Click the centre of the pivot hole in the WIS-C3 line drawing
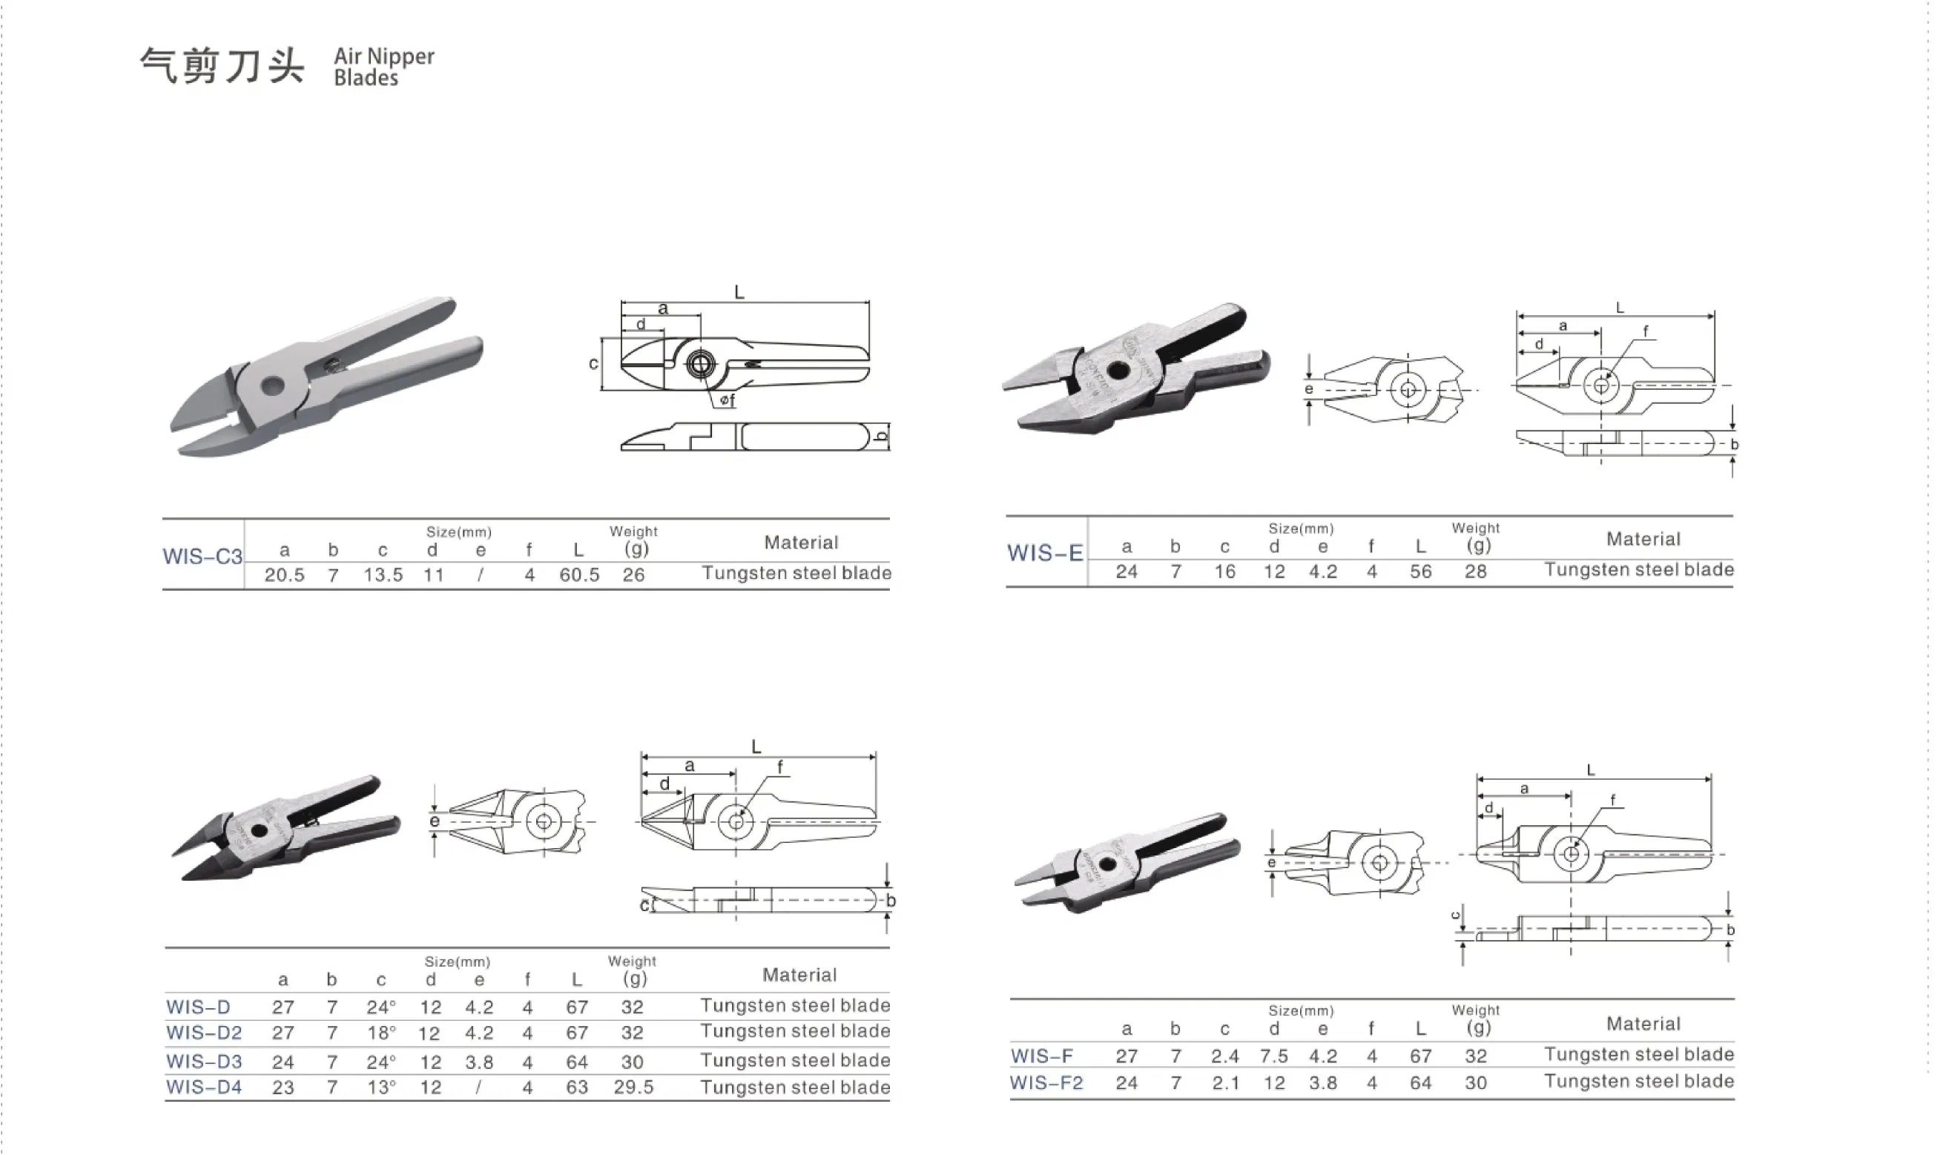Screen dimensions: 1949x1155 pyautogui.click(x=701, y=363)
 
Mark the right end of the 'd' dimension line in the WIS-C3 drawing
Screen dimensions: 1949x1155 pyautogui.click(x=664, y=331)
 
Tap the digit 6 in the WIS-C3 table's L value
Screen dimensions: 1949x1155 pyautogui.click(x=564, y=575)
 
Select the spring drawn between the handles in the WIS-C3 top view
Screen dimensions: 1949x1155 pyautogui.click(x=751, y=363)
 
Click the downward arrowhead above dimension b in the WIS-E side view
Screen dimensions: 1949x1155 pyautogui.click(x=1732, y=424)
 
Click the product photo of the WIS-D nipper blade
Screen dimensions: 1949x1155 pyautogui.click(x=286, y=829)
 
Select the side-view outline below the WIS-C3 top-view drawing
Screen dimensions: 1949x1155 pyautogui.click(x=755, y=437)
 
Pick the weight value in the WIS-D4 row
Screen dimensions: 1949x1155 pyautogui.click(x=633, y=1088)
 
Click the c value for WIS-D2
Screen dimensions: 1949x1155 pyautogui.click(x=381, y=1033)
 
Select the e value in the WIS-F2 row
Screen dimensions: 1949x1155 pyautogui.click(x=1323, y=1082)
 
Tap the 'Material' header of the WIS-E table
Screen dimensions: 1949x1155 pyautogui.click(x=1643, y=540)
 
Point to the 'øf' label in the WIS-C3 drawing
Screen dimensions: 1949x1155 pyautogui.click(x=727, y=400)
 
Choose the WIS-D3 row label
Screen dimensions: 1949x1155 pyautogui.click(x=204, y=1062)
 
